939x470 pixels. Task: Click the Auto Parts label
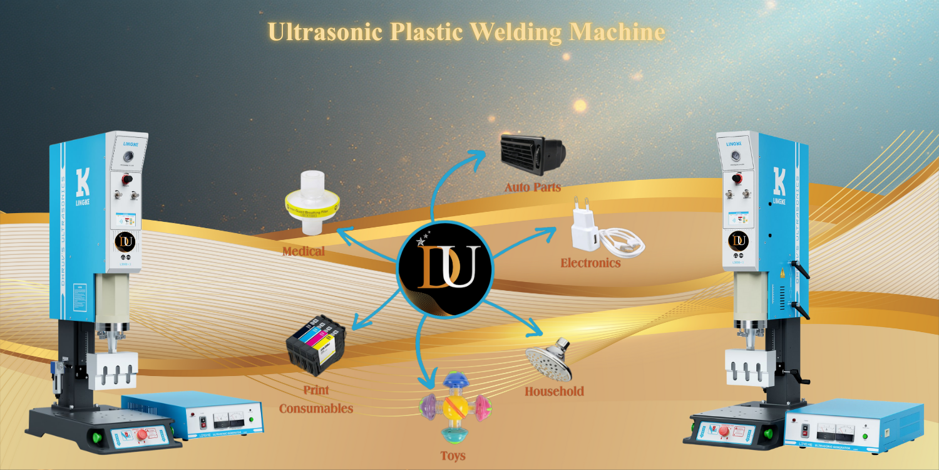click(533, 187)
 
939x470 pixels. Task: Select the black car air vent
click(532, 154)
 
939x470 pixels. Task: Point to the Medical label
click(304, 251)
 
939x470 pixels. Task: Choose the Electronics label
click(590, 263)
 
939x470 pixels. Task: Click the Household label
click(554, 392)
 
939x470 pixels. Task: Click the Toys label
click(452, 456)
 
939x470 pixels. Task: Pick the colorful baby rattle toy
click(453, 408)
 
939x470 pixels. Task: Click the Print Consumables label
click(316, 399)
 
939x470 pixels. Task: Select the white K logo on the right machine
click(779, 182)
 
